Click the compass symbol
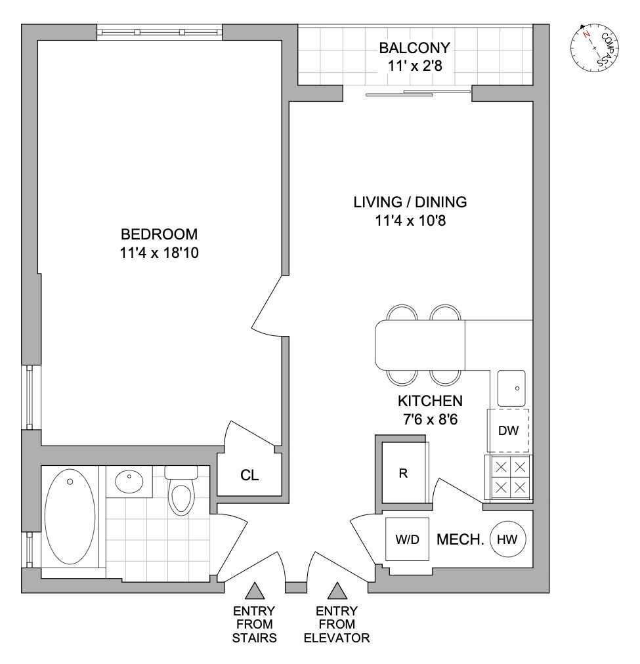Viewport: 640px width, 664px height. (595, 48)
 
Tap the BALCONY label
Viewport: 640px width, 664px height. (414, 48)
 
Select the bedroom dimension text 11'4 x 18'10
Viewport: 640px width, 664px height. (160, 253)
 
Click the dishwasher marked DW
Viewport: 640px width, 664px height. (508, 431)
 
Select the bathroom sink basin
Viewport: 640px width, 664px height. (129, 482)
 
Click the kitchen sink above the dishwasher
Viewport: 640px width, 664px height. (511, 388)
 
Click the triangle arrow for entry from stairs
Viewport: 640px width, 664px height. (254, 592)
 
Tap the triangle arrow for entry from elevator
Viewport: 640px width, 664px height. (338, 592)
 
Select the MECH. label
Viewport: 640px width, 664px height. (460, 540)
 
